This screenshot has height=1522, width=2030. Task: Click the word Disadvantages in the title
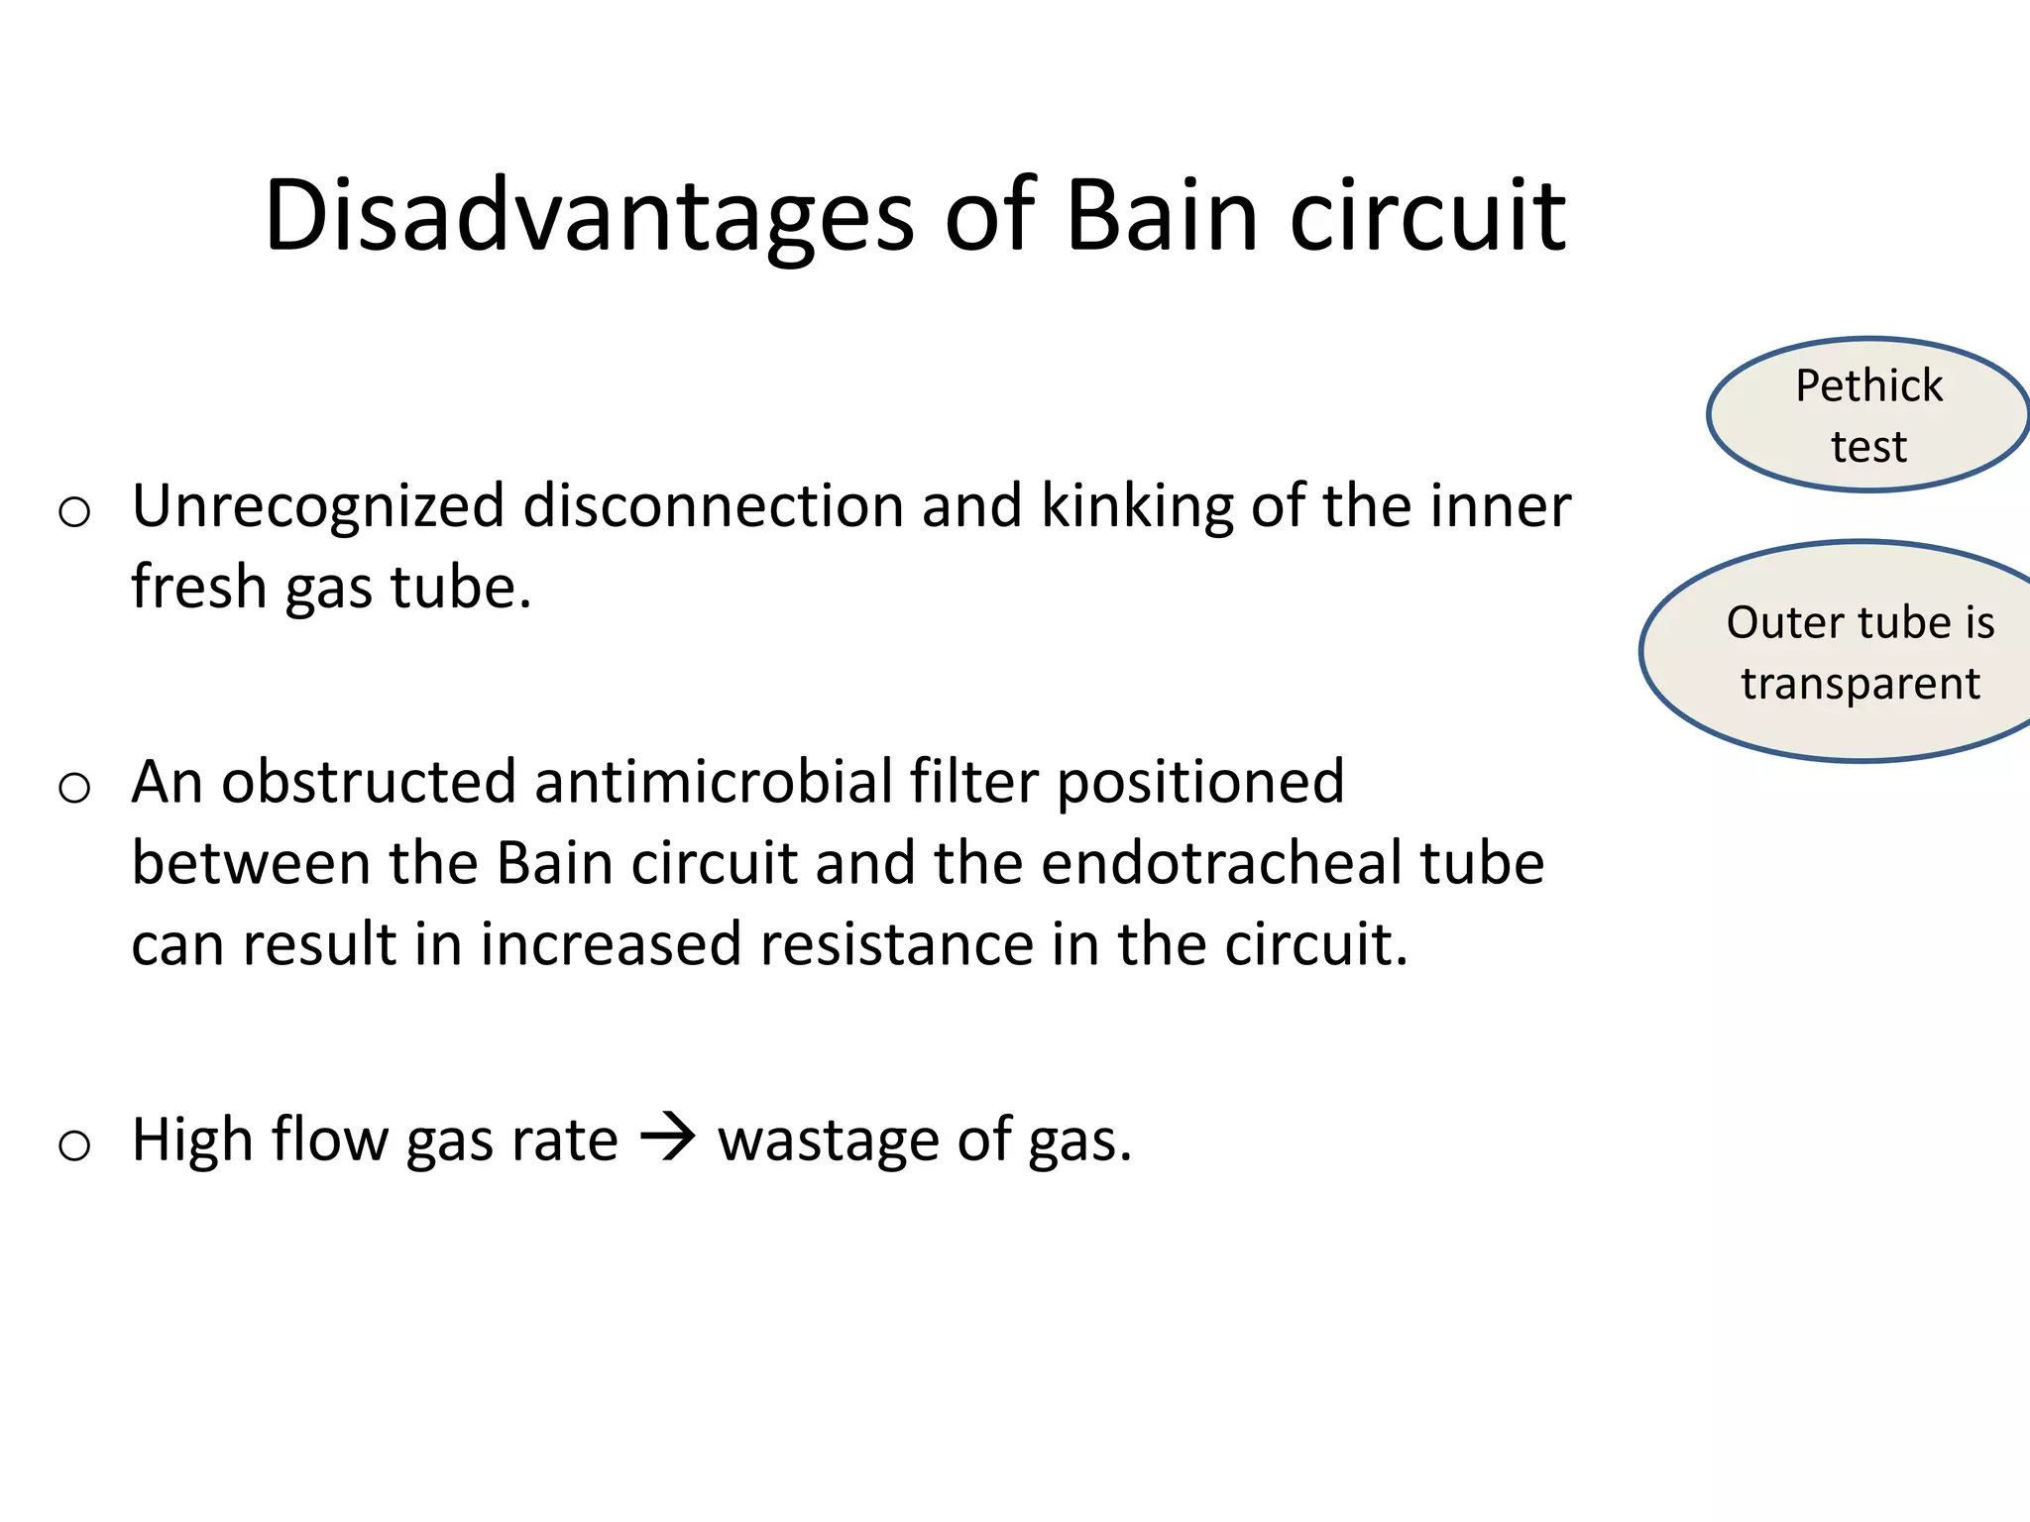point(589,216)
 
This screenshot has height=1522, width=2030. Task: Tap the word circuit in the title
point(1426,216)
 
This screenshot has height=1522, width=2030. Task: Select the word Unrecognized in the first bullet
point(318,507)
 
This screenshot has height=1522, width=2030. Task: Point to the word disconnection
point(714,507)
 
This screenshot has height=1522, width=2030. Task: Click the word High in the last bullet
point(192,1141)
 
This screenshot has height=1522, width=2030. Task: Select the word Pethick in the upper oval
point(1868,386)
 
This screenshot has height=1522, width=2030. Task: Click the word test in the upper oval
point(1868,447)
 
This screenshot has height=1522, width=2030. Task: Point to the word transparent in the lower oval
point(1861,684)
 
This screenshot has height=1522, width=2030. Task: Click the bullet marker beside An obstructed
point(74,789)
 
